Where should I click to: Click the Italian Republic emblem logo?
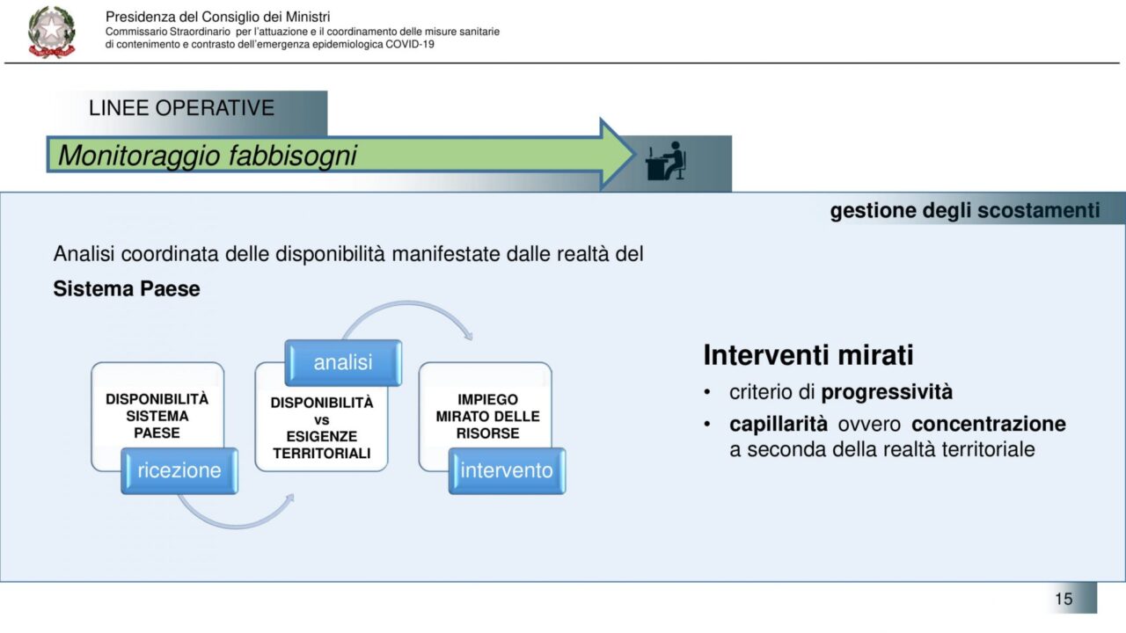[52, 32]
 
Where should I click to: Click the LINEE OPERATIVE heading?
[181, 108]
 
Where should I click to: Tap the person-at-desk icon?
[666, 160]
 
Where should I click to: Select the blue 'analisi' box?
[343, 363]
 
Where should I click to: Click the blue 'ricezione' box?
[179, 470]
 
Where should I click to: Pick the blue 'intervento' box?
[507, 470]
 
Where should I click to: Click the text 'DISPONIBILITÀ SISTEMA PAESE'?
[157, 416]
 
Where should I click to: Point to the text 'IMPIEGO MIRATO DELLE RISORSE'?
[487, 416]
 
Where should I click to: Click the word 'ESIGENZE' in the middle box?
[322, 436]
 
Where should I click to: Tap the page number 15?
[1064, 599]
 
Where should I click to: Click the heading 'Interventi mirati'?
[808, 355]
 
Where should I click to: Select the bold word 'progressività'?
[887, 392]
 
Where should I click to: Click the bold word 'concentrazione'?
[988, 424]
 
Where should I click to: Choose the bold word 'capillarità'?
[779, 425]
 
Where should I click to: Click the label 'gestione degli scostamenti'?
[965, 210]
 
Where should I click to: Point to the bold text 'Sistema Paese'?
[127, 289]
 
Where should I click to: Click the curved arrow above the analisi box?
[407, 303]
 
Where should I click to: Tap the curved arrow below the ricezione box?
[237, 526]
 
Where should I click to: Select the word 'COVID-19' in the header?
[410, 44]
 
